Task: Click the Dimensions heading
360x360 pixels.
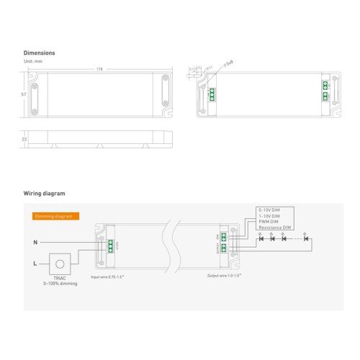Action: pyautogui.click(x=39, y=53)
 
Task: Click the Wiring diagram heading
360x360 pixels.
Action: pyautogui.click(x=44, y=194)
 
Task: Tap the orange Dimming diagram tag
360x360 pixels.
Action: pyautogui.click(x=55, y=216)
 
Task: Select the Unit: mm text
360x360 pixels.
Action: pyautogui.click(x=33, y=61)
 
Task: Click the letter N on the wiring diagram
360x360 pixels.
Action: pyautogui.click(x=35, y=242)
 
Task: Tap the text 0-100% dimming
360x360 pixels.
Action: pyautogui.click(x=60, y=284)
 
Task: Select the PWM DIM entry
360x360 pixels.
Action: pyautogui.click(x=268, y=222)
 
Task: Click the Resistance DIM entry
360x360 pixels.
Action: pyautogui.click(x=274, y=228)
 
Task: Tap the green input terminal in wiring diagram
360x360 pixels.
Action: pyautogui.click(x=110, y=245)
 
